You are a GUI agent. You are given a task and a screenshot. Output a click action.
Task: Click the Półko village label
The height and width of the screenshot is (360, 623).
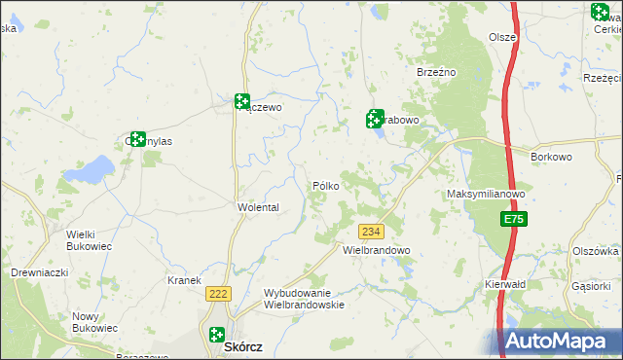click(x=325, y=186)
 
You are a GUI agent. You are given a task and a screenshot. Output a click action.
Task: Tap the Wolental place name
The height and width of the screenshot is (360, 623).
click(x=258, y=208)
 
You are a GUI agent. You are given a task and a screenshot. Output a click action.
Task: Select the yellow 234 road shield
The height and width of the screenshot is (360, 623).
click(x=371, y=232)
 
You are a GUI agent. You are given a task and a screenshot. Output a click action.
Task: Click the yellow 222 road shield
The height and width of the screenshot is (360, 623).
click(x=217, y=293)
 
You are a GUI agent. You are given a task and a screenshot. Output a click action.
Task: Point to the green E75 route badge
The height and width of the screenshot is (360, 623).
click(x=515, y=222)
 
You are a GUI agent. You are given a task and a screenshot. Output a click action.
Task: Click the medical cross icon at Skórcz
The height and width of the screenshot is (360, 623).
click(x=216, y=335)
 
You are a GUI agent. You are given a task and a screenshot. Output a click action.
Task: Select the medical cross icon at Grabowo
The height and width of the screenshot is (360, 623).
click(x=375, y=119)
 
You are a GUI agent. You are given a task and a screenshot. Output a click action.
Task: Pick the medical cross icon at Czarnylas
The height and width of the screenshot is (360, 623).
click(x=136, y=140)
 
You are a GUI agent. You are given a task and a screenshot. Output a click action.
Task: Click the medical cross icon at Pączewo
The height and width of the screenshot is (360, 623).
click(x=241, y=101)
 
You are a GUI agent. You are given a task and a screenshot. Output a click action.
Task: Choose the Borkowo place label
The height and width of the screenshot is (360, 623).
click(x=550, y=157)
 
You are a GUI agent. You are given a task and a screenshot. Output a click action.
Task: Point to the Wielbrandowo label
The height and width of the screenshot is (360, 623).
click(x=377, y=250)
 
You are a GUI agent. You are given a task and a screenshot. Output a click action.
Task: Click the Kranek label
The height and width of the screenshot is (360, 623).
click(x=183, y=280)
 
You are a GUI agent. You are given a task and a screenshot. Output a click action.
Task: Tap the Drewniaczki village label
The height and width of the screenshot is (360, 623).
click(x=39, y=272)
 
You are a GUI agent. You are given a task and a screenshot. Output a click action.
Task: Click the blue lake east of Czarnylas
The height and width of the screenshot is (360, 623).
click(x=94, y=169)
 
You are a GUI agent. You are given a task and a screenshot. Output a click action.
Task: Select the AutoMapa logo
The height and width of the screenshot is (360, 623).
click(x=559, y=342)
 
